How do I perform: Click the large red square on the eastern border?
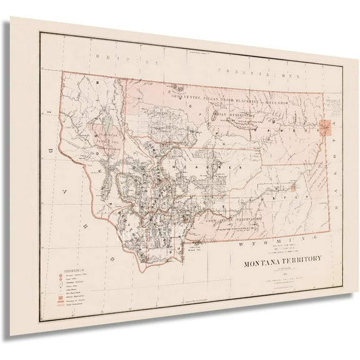[x=326, y=128]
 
